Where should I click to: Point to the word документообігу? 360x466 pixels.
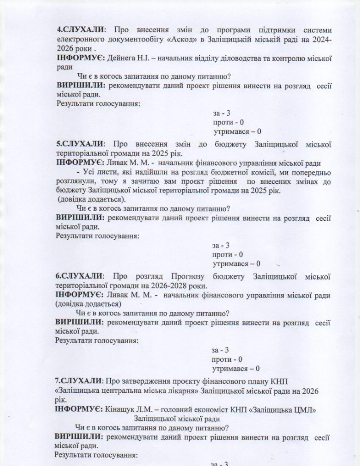(123, 40)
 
